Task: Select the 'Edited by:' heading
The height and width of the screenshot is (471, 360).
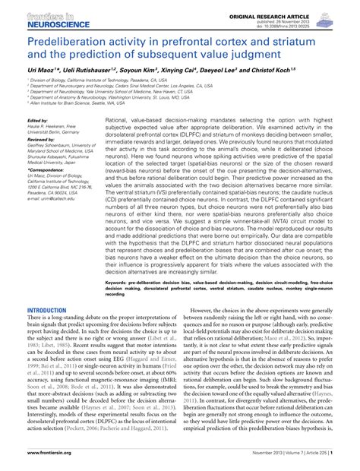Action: click(36, 121)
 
